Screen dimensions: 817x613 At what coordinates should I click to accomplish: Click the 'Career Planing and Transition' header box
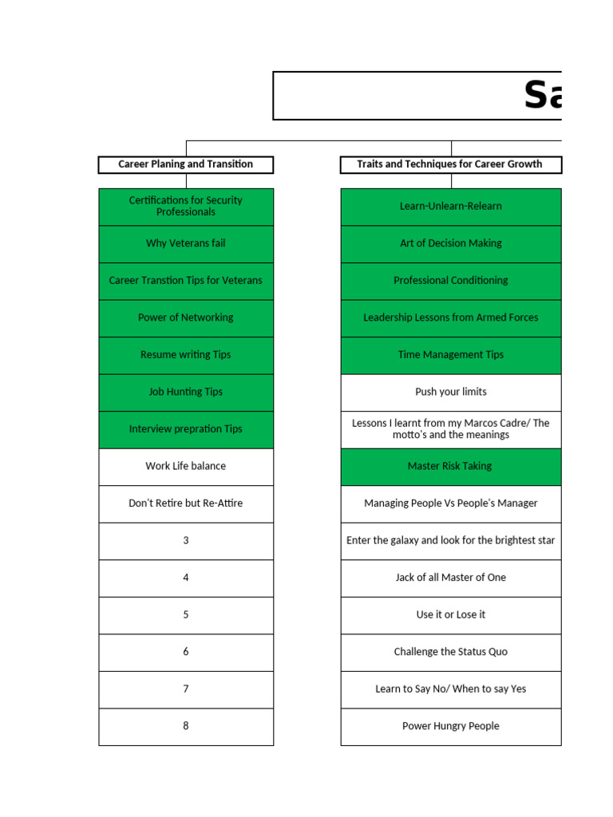[x=186, y=164]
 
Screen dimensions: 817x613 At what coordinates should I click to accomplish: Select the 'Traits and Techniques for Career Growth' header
[x=450, y=164]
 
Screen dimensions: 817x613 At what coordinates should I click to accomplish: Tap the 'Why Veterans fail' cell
[x=186, y=243]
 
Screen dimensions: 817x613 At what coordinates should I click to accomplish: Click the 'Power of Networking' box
[x=186, y=318]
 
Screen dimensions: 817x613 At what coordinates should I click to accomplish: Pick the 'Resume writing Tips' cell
[x=186, y=355]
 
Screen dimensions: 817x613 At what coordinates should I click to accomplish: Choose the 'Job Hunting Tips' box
[x=186, y=392]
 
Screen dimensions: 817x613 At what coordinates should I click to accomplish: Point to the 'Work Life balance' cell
[x=186, y=466]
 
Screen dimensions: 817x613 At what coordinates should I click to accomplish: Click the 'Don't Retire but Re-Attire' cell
[x=186, y=503]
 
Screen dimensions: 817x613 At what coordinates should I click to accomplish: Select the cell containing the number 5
[x=186, y=615]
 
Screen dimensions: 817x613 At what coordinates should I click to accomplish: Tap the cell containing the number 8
[x=186, y=726]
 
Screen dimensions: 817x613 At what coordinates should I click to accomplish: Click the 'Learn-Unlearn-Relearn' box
[x=451, y=207]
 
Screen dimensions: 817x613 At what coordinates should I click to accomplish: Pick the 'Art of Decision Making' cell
[x=451, y=243]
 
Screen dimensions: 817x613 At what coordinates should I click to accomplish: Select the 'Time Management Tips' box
[x=451, y=355]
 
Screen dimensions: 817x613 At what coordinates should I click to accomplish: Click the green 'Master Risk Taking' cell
[x=451, y=466]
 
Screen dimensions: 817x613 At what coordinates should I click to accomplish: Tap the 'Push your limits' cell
[x=451, y=392]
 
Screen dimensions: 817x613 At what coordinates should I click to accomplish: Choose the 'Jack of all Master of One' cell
[x=451, y=578]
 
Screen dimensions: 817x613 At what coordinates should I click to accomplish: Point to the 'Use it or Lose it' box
[x=451, y=615]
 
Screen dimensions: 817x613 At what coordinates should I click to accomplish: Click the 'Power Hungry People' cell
[x=451, y=726]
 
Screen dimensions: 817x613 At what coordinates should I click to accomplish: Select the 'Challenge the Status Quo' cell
[x=451, y=652]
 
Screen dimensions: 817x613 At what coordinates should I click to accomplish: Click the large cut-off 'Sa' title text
[x=543, y=96]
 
